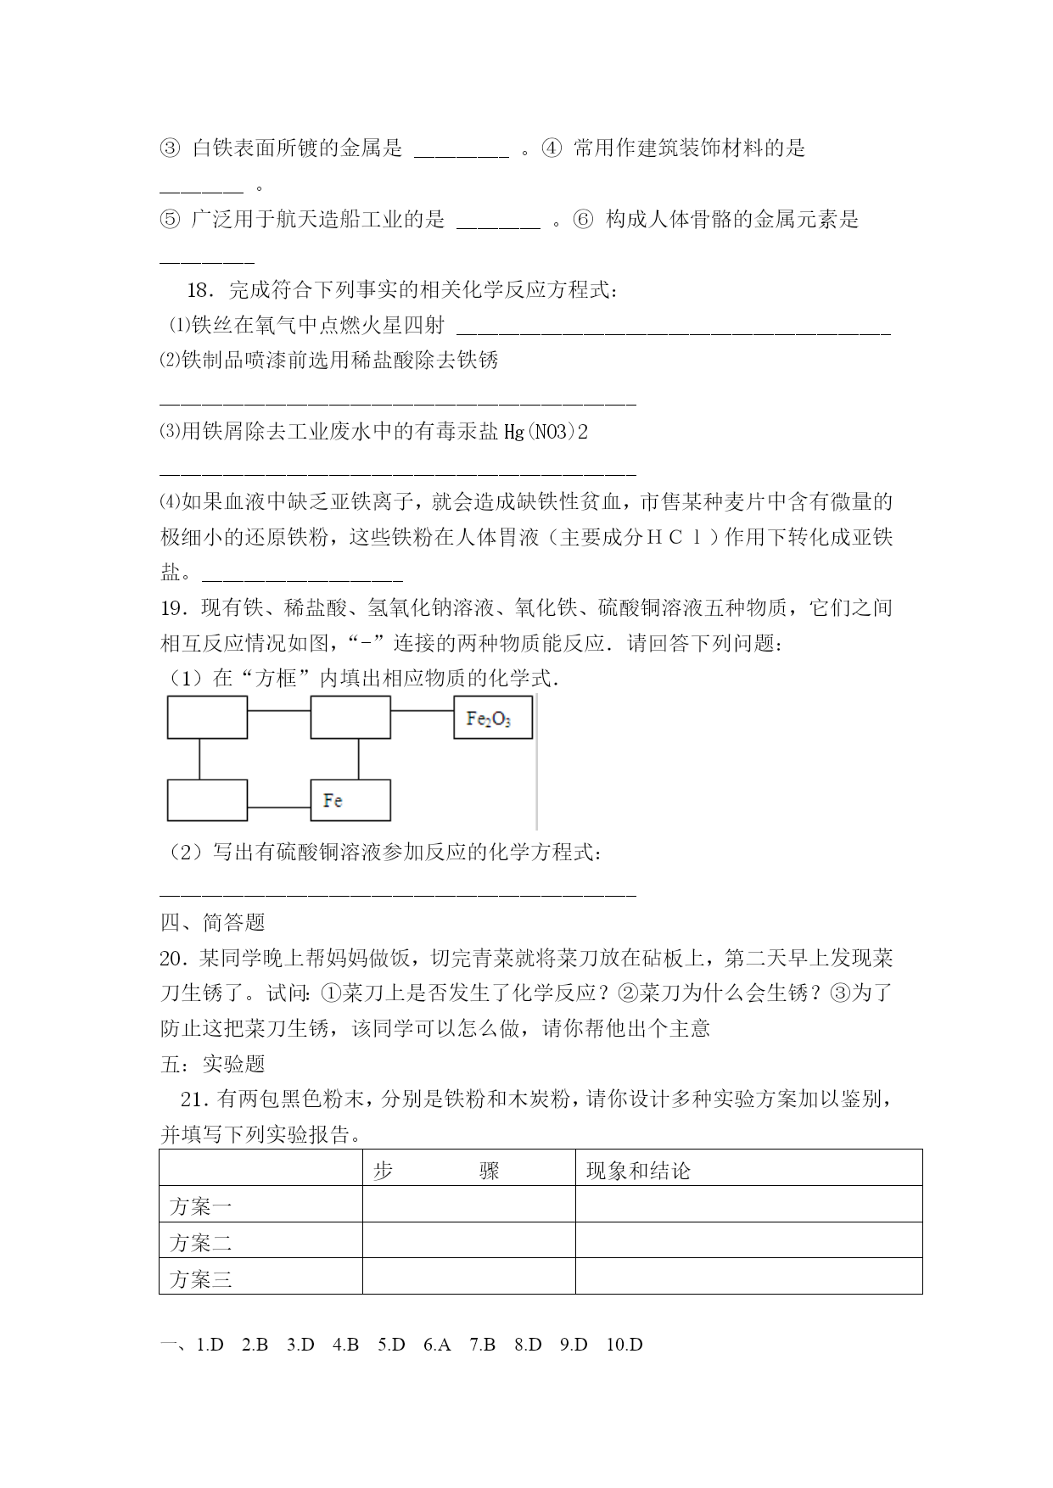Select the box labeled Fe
350,800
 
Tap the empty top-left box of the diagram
207,718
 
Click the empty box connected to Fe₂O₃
350,718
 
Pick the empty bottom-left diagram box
207,800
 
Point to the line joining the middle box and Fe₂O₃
422,711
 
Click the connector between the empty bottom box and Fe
278,807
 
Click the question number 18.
199,290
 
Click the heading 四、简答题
213,921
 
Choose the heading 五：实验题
213,1064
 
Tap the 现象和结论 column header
638,1171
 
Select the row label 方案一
201,1206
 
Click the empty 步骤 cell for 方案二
468,1241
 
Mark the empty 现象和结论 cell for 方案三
748,1277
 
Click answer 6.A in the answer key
437,1345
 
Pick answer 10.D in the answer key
625,1345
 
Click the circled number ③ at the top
170,148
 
